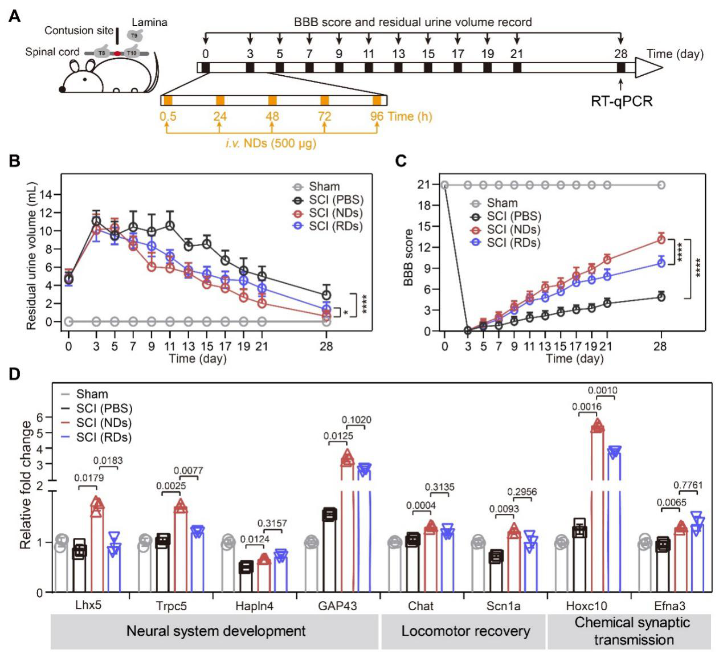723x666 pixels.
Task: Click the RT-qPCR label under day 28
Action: click(x=621, y=102)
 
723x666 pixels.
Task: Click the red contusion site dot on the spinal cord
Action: click(x=117, y=54)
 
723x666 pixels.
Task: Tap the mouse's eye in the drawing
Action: click(x=85, y=80)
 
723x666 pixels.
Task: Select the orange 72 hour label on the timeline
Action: click(x=324, y=116)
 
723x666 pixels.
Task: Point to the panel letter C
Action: click(x=401, y=161)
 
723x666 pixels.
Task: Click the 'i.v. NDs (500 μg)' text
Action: click(x=271, y=143)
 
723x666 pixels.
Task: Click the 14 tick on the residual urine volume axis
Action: click(x=45, y=195)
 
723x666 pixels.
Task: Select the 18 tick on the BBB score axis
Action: click(x=424, y=206)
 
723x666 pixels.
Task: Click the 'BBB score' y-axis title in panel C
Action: click(x=408, y=258)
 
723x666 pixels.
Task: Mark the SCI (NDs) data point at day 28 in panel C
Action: click(x=660, y=239)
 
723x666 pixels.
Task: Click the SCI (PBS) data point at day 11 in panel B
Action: click(x=170, y=226)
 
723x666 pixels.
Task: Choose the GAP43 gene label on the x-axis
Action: click(x=337, y=606)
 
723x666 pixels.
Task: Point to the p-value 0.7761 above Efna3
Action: click(x=688, y=485)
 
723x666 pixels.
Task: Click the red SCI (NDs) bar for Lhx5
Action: click(x=97, y=547)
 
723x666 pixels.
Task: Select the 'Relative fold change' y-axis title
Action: click(x=26, y=484)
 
